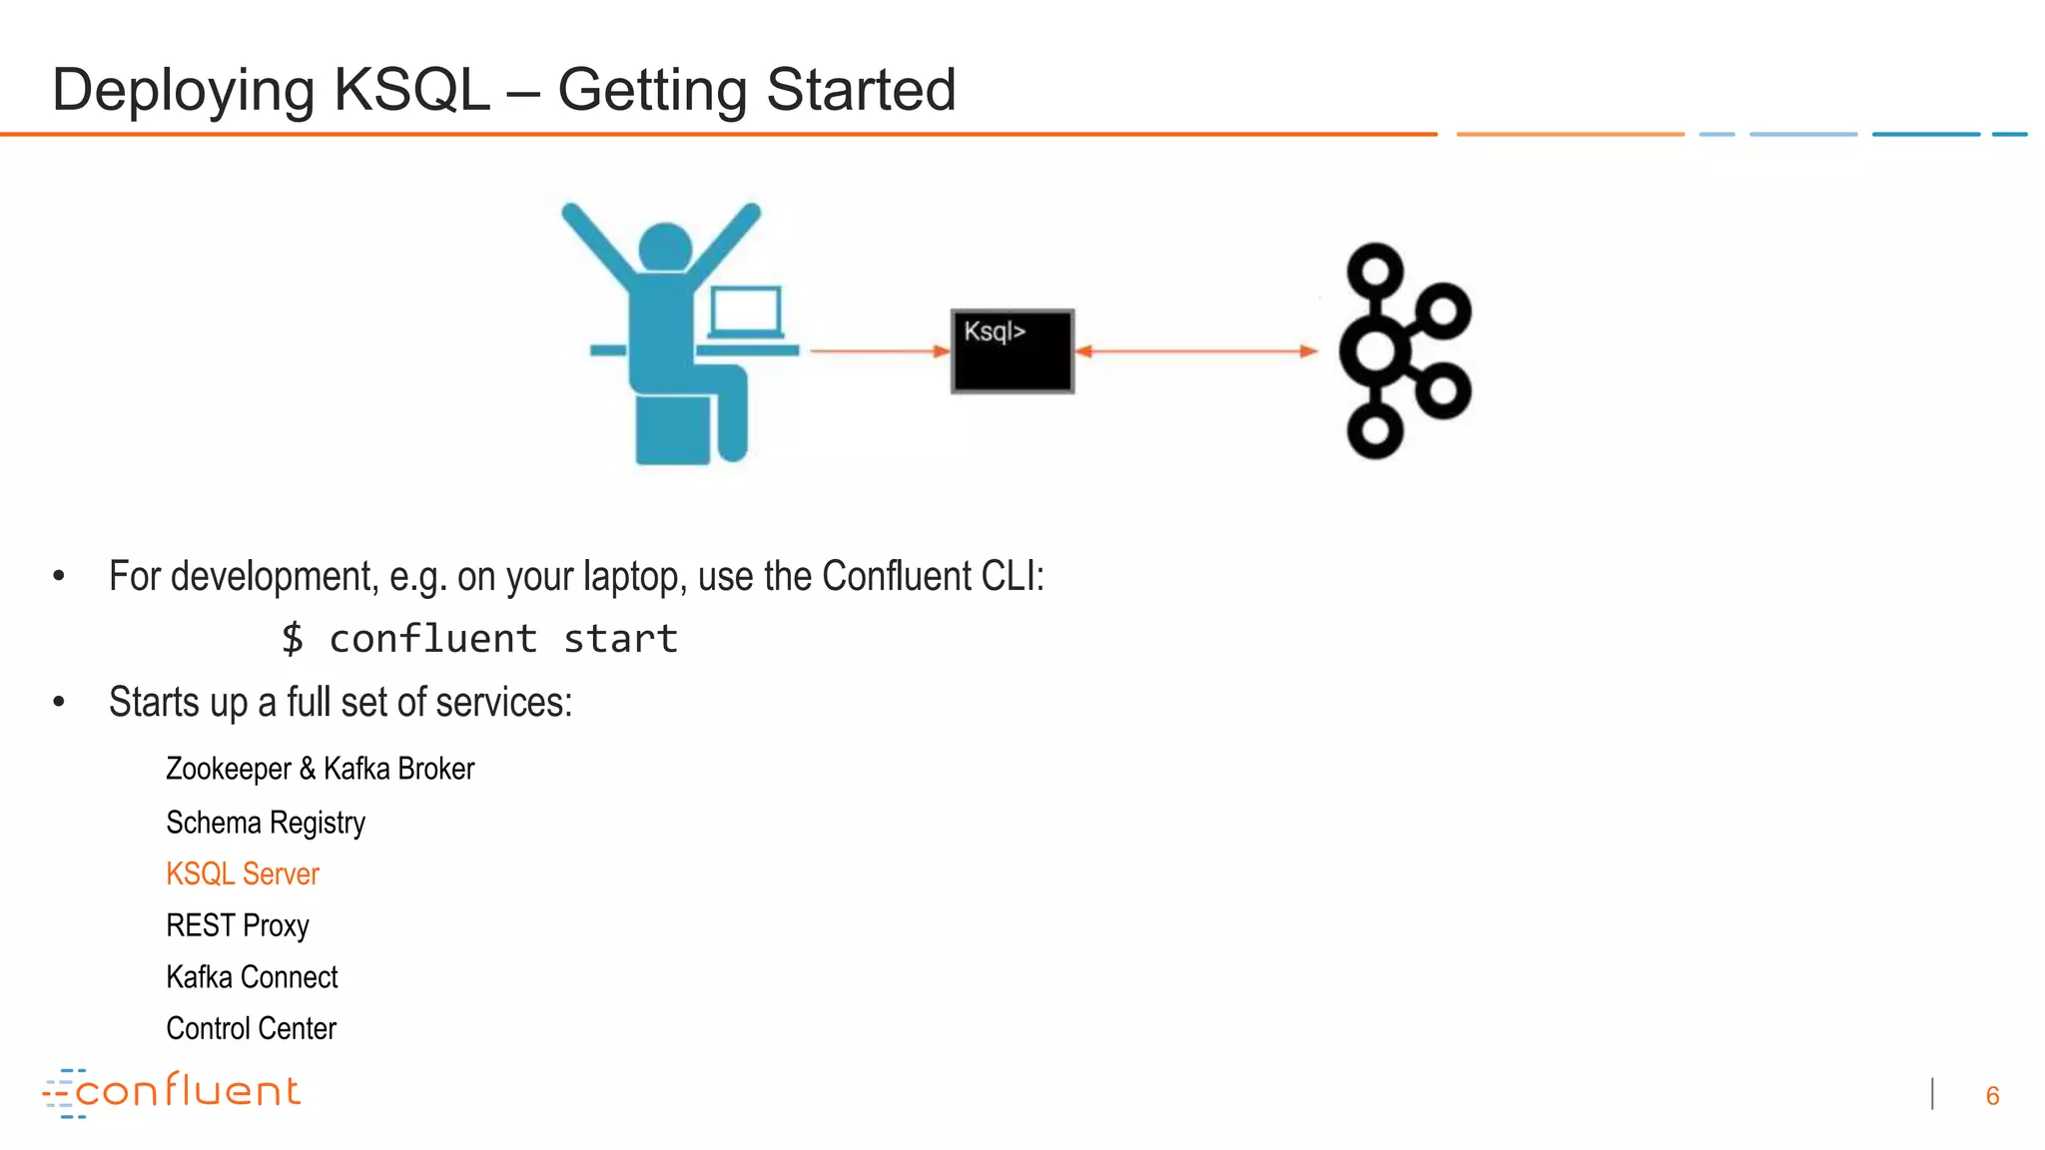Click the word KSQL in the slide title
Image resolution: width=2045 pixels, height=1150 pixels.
coord(411,90)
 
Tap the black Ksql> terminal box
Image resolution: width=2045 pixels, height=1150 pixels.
coord(1013,351)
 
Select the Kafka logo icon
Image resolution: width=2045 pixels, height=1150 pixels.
coord(1404,350)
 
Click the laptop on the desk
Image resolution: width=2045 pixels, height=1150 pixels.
coord(746,311)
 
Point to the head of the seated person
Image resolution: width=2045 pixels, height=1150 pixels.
coord(665,247)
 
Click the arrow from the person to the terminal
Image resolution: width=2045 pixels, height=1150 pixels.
coord(879,351)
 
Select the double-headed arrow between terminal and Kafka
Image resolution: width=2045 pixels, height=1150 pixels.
coord(1196,351)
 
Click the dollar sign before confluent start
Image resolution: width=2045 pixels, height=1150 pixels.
coord(292,639)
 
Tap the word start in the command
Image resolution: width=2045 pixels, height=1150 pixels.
coord(620,639)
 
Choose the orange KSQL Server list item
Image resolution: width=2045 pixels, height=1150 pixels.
coord(243,874)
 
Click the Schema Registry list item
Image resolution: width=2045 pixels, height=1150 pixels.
coord(266,823)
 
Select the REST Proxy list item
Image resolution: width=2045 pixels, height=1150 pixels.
coord(238,926)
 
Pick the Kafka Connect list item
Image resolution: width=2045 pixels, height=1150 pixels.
coord(252,977)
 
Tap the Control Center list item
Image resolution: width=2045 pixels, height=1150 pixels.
coord(251,1029)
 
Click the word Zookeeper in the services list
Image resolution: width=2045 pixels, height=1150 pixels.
coord(229,770)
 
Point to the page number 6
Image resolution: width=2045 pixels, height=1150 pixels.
coord(1992,1096)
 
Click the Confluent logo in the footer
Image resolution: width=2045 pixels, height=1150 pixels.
coord(172,1092)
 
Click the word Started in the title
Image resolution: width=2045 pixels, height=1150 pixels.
coord(861,90)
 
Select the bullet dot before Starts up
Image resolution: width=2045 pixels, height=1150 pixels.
coord(59,703)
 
